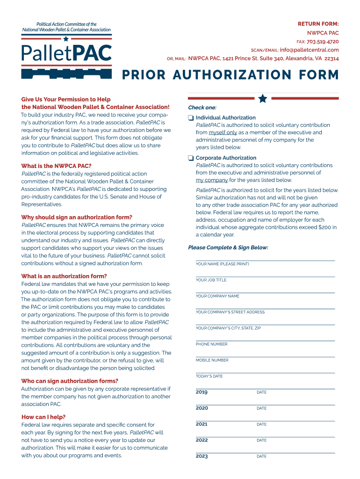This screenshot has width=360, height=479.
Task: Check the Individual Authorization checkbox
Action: coord(191,118)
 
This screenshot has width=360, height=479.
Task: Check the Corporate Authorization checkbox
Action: coord(191,158)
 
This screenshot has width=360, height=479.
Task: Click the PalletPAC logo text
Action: coord(67,52)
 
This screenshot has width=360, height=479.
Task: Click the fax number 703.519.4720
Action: coord(323,42)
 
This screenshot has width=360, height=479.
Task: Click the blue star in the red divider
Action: coord(263,98)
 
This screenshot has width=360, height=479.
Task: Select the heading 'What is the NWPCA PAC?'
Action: coord(56,166)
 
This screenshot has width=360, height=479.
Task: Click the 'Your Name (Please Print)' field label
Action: coord(222,264)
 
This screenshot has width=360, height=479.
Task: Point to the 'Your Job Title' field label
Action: coord(211,280)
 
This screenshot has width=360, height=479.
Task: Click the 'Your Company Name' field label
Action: coord(217,296)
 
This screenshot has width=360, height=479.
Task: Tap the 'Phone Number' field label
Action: coord(211,344)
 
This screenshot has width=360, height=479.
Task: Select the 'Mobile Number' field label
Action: coord(212,360)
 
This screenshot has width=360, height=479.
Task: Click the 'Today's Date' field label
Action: coord(209,376)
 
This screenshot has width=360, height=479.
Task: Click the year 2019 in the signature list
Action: coord(202,392)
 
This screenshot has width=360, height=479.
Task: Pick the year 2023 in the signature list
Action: coord(202,456)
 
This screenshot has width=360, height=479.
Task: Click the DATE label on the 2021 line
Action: coord(261,424)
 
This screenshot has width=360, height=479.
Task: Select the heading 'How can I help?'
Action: coord(43,417)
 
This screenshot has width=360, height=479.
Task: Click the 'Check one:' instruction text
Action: coord(202,108)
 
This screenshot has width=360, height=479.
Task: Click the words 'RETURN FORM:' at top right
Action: coord(318,24)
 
